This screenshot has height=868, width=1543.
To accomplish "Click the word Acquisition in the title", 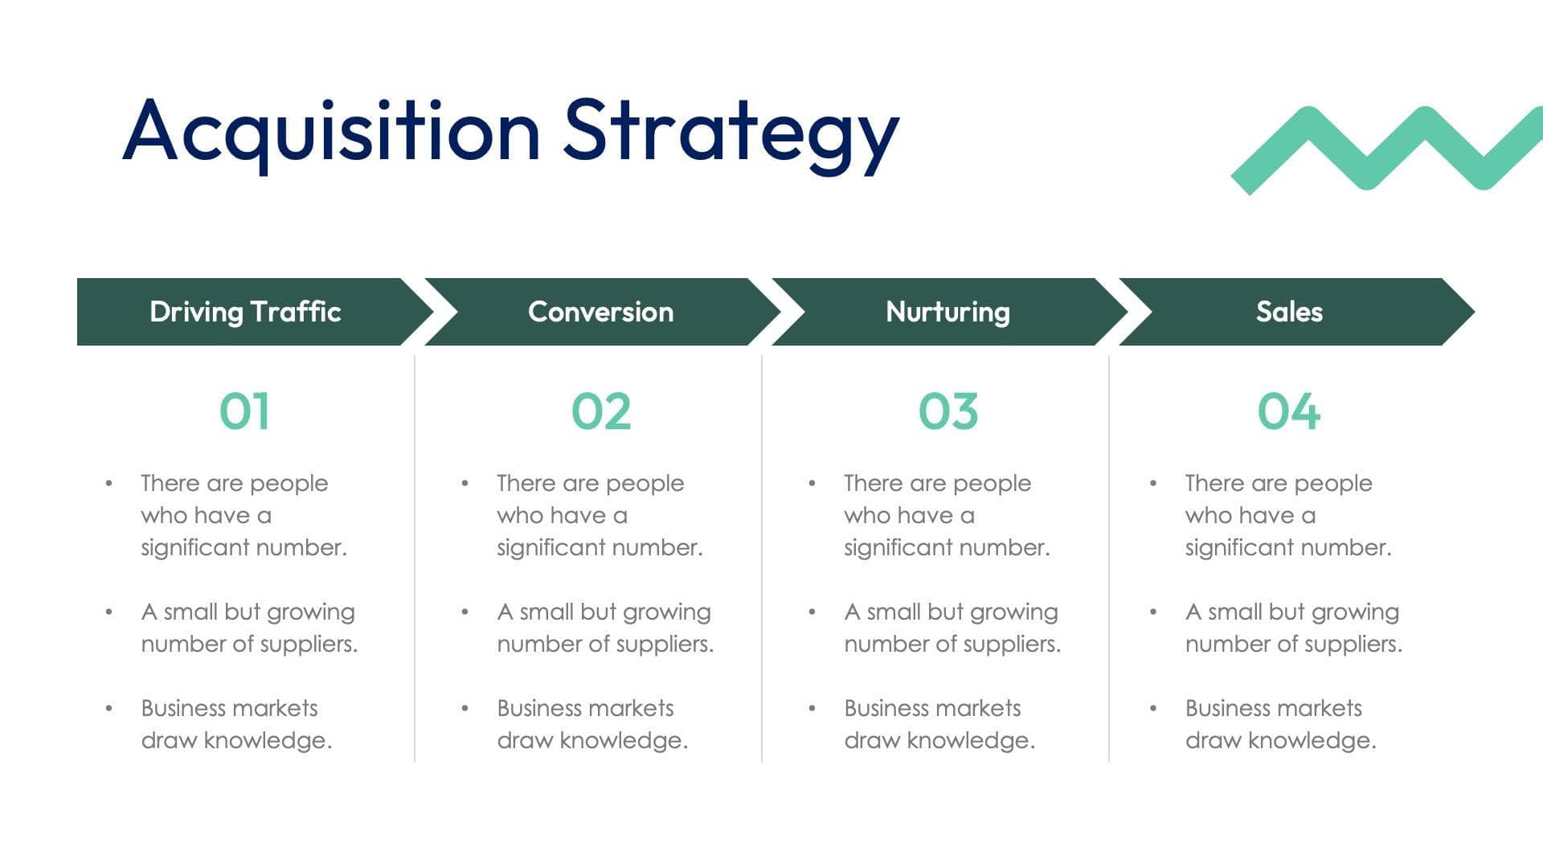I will click(x=330, y=131).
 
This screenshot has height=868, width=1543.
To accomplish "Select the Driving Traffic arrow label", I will click(x=245, y=312).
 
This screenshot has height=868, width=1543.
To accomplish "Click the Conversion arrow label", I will click(x=600, y=312).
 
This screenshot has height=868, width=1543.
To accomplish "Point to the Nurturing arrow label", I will click(x=947, y=312).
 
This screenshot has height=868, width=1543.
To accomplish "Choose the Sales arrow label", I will click(x=1289, y=312).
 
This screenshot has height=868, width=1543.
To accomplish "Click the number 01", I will click(x=244, y=411).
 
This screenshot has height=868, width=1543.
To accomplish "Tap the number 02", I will click(x=600, y=411).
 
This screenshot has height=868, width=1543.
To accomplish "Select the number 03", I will click(x=948, y=411).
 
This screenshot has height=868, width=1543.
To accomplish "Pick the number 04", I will click(x=1289, y=411).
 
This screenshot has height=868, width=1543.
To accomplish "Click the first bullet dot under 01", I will click(x=108, y=483).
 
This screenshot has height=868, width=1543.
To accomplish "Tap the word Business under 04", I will click(x=1231, y=708).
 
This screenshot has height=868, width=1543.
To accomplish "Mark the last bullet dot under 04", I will click(x=1153, y=708).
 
